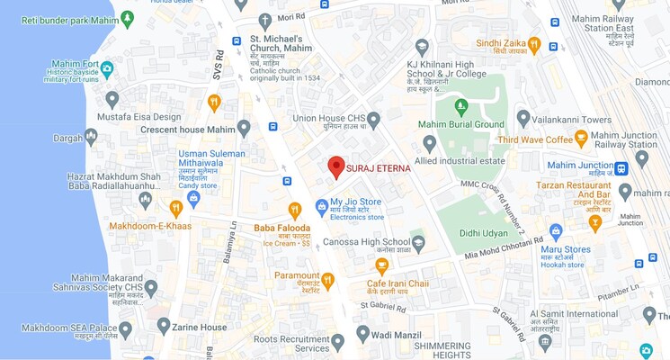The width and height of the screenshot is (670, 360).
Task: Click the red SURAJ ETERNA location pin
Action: [x=335, y=166]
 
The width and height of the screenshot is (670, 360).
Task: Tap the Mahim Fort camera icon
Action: [x=107, y=68]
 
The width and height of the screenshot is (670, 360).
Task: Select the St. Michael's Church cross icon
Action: [x=264, y=21]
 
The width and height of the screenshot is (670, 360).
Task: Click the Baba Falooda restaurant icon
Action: [x=294, y=211]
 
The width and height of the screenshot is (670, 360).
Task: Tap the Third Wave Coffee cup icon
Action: [x=581, y=139]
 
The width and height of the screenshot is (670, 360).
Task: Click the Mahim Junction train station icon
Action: [x=621, y=167]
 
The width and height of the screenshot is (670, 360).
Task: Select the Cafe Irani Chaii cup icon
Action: [x=382, y=265]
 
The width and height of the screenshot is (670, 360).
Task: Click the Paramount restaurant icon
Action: [x=327, y=280]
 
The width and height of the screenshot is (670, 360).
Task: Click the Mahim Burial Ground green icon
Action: [x=461, y=107]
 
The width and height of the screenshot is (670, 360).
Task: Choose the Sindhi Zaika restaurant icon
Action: [x=534, y=43]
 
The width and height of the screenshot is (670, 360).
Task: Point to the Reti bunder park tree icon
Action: [x=127, y=17]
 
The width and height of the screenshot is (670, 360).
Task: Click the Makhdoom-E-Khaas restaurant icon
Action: [x=176, y=208]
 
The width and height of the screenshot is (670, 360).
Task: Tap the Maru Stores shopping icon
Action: [x=556, y=231]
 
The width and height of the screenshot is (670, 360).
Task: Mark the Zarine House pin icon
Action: [x=163, y=325]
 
